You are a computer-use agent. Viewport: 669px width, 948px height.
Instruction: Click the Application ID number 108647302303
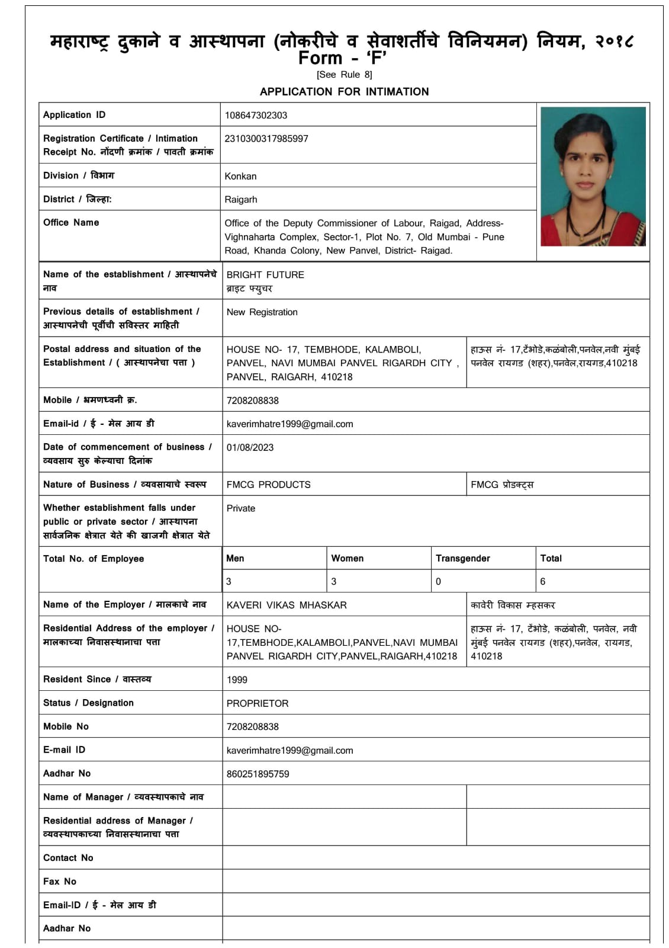coord(256,115)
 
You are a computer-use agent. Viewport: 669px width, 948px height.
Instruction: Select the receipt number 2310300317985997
coord(266,139)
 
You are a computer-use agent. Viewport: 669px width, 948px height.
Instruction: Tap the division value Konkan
coord(240,176)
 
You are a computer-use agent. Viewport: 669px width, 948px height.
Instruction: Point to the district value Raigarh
coord(241,200)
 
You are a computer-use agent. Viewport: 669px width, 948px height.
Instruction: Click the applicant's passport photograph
coord(593,176)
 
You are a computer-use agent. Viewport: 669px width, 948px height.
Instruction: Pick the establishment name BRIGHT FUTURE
coord(265,275)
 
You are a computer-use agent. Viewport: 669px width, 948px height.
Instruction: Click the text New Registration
coord(262,312)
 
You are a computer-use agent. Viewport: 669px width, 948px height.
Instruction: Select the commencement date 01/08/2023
coord(250,448)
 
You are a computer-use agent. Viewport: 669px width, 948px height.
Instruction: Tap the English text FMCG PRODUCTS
coord(268,485)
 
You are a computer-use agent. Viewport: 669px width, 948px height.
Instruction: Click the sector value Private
coord(241,508)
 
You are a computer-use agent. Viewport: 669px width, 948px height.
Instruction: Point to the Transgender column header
coord(463,558)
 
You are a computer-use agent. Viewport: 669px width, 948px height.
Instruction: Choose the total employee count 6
coord(543,581)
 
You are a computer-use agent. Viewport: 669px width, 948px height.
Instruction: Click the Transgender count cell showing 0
coord(438,581)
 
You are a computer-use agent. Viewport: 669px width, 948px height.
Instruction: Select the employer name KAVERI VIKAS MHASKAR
coord(287,605)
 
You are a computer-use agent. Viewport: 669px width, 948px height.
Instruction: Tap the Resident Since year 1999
coord(237,680)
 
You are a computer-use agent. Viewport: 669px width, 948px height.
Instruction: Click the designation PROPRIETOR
coord(258,703)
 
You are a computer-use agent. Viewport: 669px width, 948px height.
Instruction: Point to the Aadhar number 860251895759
coord(258,774)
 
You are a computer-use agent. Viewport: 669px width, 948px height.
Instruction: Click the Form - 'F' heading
coord(343,58)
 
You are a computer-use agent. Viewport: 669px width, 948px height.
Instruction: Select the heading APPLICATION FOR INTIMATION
coord(344,92)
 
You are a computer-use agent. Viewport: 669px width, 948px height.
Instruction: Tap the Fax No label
coord(60,882)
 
